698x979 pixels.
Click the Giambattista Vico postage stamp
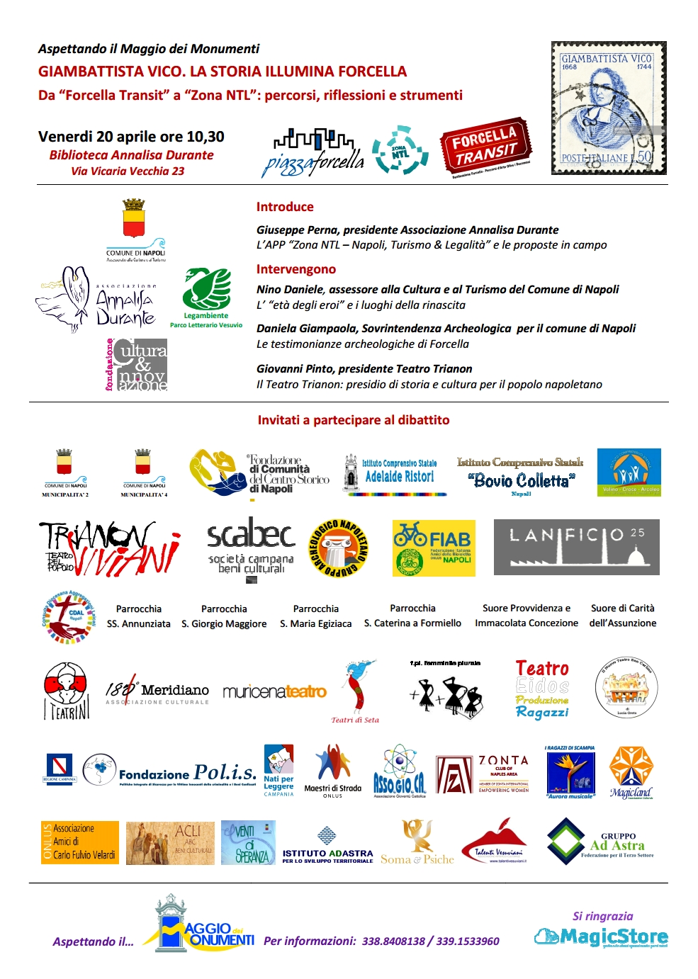tap(609, 108)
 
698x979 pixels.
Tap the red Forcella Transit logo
tap(485, 148)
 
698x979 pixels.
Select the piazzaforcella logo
tap(313, 152)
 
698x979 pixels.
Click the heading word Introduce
tap(285, 207)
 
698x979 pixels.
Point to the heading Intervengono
tap(296, 269)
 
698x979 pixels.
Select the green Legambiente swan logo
tap(206, 290)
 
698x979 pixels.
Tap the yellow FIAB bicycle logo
tap(434, 548)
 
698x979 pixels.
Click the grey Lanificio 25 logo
tap(576, 547)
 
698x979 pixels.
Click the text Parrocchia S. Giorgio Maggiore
tap(224, 616)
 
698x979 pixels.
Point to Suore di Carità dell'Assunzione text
tap(623, 616)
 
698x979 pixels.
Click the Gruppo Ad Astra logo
tap(600, 842)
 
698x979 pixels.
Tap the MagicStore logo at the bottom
tap(601, 936)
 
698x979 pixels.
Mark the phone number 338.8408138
tap(393, 941)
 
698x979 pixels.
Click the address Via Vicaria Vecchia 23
tap(128, 171)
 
